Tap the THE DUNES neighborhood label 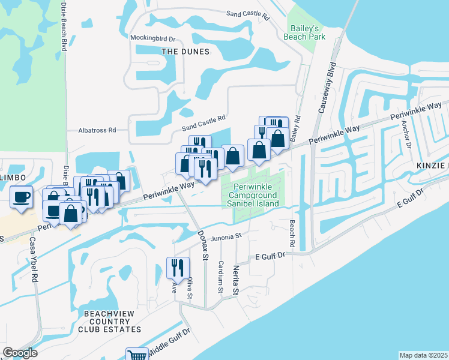(x=185, y=52)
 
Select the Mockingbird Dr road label (x=152, y=38)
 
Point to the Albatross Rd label (x=97, y=130)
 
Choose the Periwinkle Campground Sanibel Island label (x=253, y=196)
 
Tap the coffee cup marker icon (x=22, y=197)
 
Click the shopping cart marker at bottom (x=137, y=355)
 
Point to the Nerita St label (x=237, y=281)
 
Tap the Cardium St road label (x=221, y=277)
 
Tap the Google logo (x=20, y=353)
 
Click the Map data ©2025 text (x=423, y=355)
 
